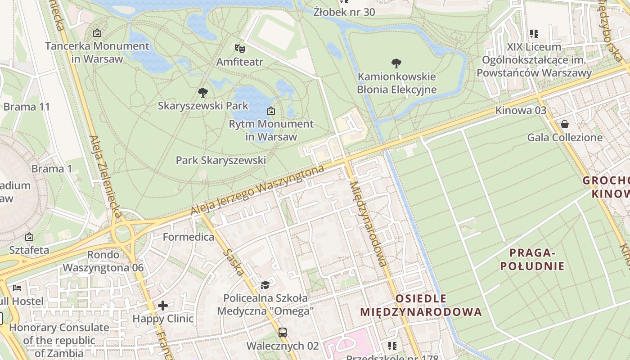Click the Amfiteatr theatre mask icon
(x=239, y=47)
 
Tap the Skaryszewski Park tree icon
(x=203, y=93)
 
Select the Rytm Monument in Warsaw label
(x=271, y=130)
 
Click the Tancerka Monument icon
(x=97, y=33)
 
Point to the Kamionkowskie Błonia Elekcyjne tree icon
(x=396, y=63)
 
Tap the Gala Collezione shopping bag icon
(x=565, y=124)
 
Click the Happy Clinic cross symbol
(x=163, y=306)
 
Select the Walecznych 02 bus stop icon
(x=283, y=333)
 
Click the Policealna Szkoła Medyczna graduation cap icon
(x=265, y=285)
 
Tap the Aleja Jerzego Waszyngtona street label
(x=257, y=190)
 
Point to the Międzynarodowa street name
(x=368, y=224)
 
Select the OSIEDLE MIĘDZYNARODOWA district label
(x=421, y=305)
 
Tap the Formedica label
(x=189, y=237)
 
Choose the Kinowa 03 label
(x=521, y=110)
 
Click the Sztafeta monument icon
(x=29, y=237)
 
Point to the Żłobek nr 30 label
(x=344, y=12)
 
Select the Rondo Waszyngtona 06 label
(x=103, y=261)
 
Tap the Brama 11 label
(x=27, y=107)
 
